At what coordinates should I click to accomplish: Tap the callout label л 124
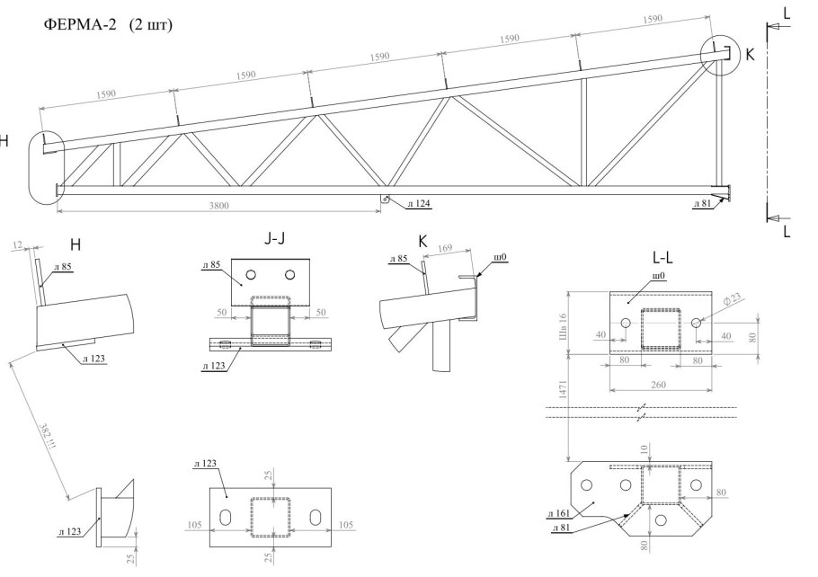416,204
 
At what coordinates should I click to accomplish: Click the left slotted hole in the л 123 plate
227,518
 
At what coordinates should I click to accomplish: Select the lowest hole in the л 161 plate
661,520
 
